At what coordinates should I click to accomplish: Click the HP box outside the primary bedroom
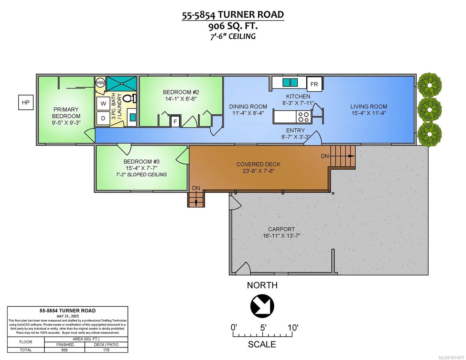click(26, 103)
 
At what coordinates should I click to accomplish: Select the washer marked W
click(103, 103)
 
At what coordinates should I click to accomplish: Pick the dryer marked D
click(103, 118)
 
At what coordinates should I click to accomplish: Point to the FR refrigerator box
click(314, 84)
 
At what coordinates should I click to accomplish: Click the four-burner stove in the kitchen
click(303, 117)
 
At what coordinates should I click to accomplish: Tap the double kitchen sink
click(290, 82)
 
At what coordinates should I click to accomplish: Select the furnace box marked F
click(175, 121)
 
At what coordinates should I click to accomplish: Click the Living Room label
click(369, 106)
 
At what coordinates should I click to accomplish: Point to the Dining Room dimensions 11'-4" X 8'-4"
click(248, 113)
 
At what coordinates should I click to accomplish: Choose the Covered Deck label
click(258, 164)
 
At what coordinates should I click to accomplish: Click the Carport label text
click(281, 229)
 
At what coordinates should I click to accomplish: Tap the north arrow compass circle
click(262, 306)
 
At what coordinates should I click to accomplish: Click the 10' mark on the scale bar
click(293, 328)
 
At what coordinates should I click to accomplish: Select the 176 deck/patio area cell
click(106, 350)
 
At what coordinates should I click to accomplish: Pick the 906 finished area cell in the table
click(64, 350)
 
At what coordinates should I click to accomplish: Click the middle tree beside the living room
click(430, 109)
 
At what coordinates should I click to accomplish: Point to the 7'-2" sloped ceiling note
click(141, 175)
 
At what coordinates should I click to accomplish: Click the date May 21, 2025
click(68, 316)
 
